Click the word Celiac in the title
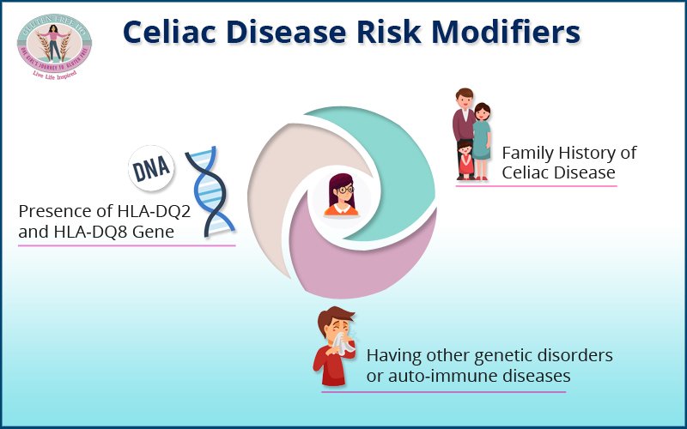174,31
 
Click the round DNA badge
152,169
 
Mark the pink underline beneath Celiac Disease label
536,185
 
